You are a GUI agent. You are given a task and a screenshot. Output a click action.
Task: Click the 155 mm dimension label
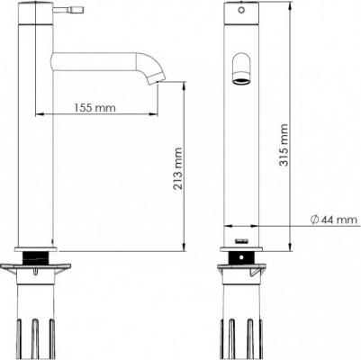[95, 107]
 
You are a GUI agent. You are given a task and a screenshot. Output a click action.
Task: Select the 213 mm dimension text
[178, 168]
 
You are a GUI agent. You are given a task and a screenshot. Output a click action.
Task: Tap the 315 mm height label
[284, 145]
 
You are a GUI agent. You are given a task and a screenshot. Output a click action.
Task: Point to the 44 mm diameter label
[334, 220]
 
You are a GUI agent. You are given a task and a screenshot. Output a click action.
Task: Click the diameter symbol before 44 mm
[314, 220]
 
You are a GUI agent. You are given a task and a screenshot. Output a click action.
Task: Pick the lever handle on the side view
[68, 10]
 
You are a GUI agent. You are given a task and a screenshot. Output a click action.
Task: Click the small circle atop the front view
[241, 10]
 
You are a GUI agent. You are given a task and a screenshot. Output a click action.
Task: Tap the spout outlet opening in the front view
[241, 81]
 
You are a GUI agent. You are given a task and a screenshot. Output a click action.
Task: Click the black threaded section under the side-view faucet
[36, 257]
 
